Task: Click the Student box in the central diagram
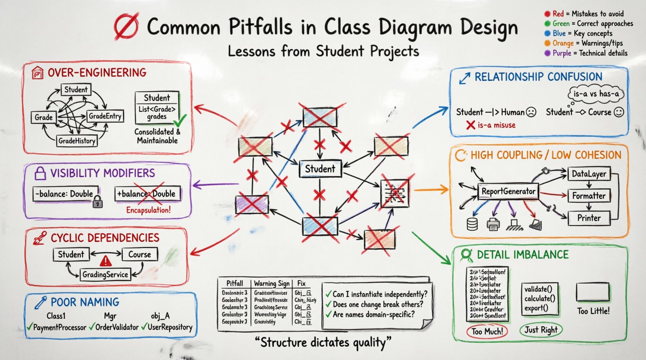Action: point(320,169)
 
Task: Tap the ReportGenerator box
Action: point(508,191)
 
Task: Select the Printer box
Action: point(589,218)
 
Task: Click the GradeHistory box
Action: point(77,141)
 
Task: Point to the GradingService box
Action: point(105,275)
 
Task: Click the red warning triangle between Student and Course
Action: point(106,260)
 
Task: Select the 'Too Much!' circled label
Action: point(487,332)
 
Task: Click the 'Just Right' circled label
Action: point(541,330)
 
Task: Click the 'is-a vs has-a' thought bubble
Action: point(596,94)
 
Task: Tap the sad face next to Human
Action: point(531,112)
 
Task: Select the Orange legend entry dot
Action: point(547,43)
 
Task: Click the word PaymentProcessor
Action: point(59,327)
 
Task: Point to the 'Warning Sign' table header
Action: point(271,284)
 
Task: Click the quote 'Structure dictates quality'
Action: point(323,343)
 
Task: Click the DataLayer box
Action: point(589,174)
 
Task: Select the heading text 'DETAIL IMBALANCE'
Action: point(523,255)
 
